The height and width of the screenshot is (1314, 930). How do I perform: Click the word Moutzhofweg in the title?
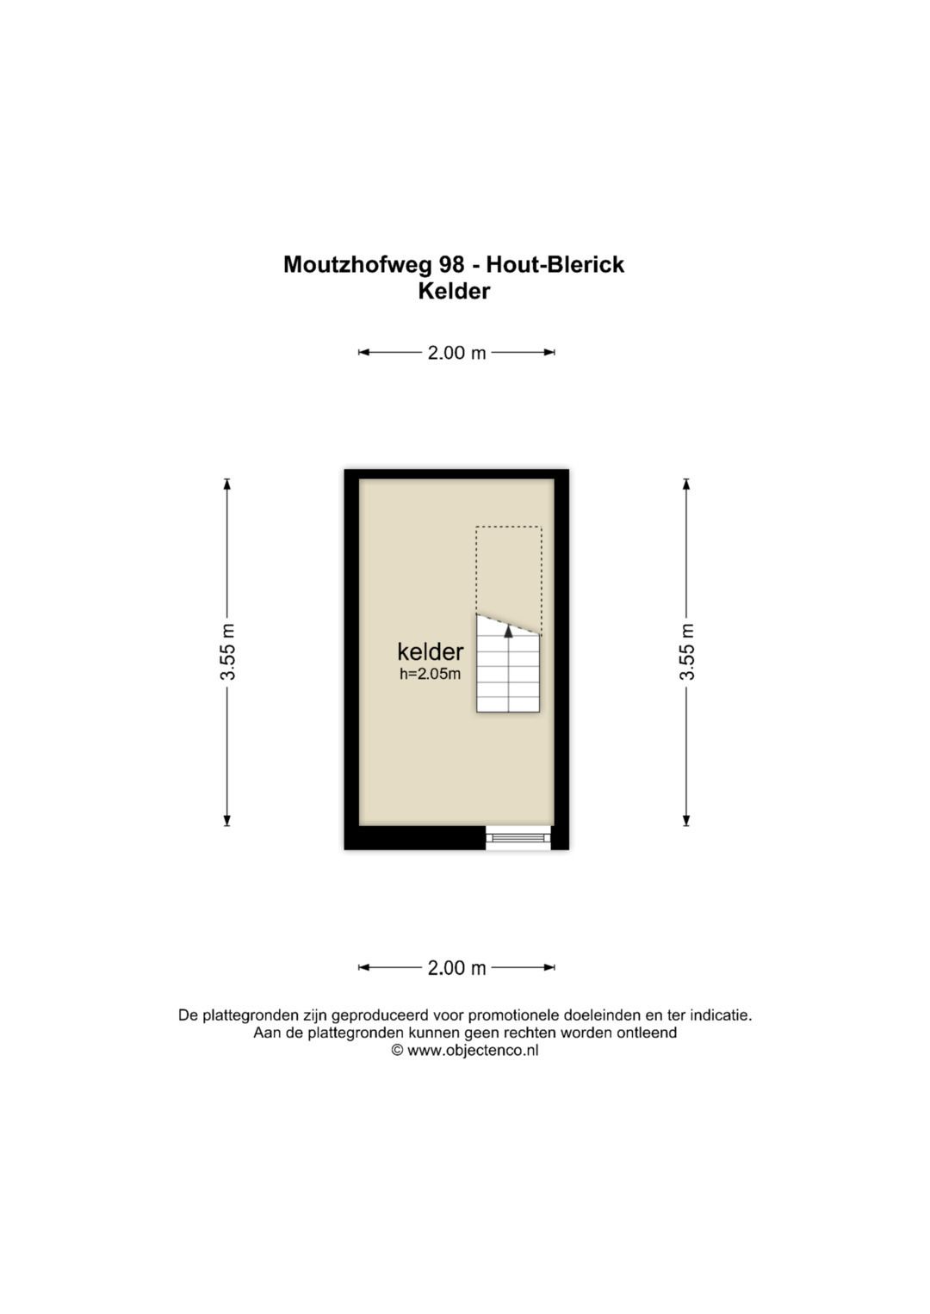pos(357,264)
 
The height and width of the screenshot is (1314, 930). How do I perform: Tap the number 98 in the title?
pos(451,264)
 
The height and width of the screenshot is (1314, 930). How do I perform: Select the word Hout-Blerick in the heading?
pos(555,264)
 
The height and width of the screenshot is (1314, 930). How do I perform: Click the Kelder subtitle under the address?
pos(454,292)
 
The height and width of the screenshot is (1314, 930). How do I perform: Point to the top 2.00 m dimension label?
pos(456,353)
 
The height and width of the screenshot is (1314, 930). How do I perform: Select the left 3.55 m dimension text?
pos(227,651)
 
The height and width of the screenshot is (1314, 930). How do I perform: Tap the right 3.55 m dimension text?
pos(686,651)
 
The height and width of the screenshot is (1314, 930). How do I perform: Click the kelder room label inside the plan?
pos(431,651)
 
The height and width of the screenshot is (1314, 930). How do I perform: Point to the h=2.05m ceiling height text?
pos(431,674)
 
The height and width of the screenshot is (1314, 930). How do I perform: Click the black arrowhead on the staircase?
pos(508,631)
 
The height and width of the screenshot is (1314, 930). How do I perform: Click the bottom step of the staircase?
pos(508,705)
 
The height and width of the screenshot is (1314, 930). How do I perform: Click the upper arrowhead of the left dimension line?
pos(227,484)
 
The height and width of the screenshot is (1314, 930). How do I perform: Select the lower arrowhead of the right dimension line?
pos(686,820)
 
